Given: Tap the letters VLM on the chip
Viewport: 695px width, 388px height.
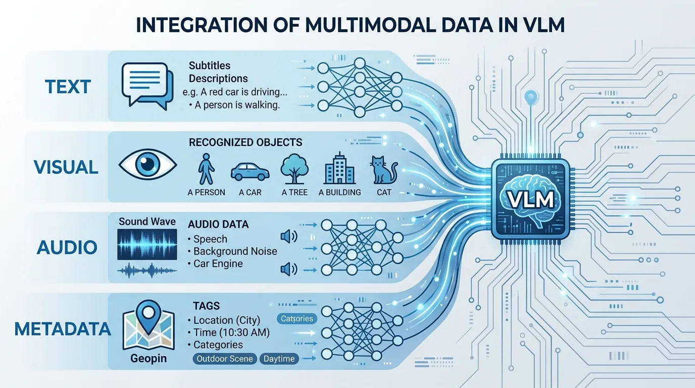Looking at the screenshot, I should (530, 199).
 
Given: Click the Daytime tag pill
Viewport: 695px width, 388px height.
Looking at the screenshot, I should (279, 359).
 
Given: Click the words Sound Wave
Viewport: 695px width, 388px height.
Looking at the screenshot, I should (147, 222).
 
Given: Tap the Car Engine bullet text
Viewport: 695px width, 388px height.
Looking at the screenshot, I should (218, 263).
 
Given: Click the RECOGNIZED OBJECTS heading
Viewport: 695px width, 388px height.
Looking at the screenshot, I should (245, 142).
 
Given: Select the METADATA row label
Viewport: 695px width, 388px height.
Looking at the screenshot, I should (63, 329).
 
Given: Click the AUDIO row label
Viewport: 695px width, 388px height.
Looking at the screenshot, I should (67, 248).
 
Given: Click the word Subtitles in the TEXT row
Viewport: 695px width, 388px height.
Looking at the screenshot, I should (210, 66).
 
